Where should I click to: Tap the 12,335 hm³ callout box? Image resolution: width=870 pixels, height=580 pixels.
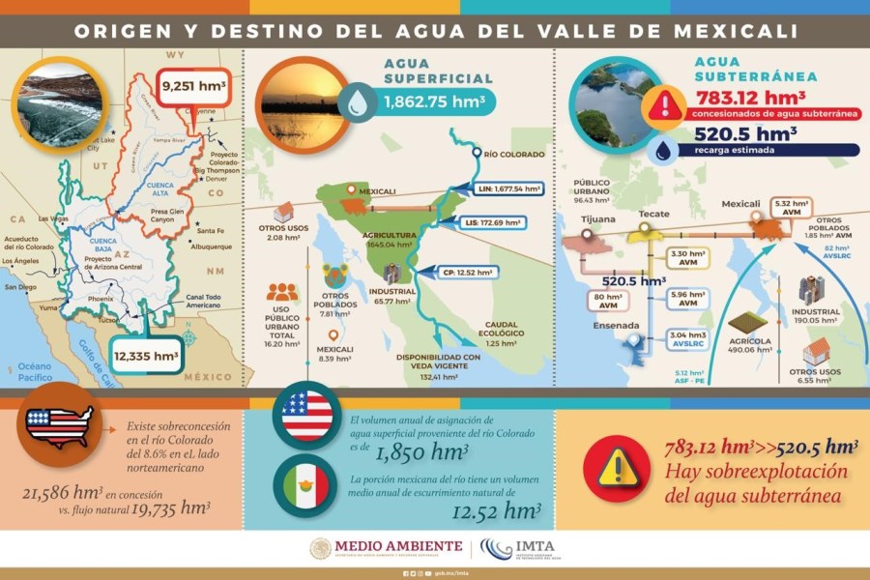145,357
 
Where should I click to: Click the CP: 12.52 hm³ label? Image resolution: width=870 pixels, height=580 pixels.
460,271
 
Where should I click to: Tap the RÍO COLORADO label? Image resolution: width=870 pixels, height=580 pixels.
517,154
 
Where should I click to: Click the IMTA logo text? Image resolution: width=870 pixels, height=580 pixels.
540,547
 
